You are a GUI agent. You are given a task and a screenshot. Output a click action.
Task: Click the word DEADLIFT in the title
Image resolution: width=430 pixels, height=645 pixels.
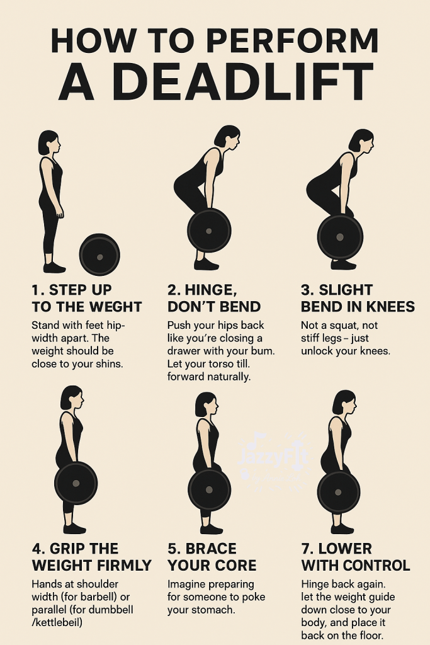pos(244,82)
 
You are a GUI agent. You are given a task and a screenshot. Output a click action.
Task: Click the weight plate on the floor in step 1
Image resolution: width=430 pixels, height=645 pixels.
pos(99,255)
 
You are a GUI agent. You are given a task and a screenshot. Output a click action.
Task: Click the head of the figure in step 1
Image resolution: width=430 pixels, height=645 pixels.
pos(49,143)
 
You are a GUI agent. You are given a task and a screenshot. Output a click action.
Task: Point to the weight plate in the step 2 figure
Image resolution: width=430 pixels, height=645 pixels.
pos(209,231)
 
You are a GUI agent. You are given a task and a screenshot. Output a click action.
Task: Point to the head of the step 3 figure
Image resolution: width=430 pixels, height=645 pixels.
pos(362,140)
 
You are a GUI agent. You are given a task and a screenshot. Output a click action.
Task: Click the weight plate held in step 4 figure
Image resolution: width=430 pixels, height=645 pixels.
pos(76,483)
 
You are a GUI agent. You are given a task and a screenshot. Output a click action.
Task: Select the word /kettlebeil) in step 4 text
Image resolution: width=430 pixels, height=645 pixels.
pos(57,622)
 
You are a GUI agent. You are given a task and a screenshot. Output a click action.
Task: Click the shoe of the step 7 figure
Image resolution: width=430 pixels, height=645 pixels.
pos(342,528)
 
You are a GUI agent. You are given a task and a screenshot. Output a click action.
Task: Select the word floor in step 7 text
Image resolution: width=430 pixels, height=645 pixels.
pos(369,635)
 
